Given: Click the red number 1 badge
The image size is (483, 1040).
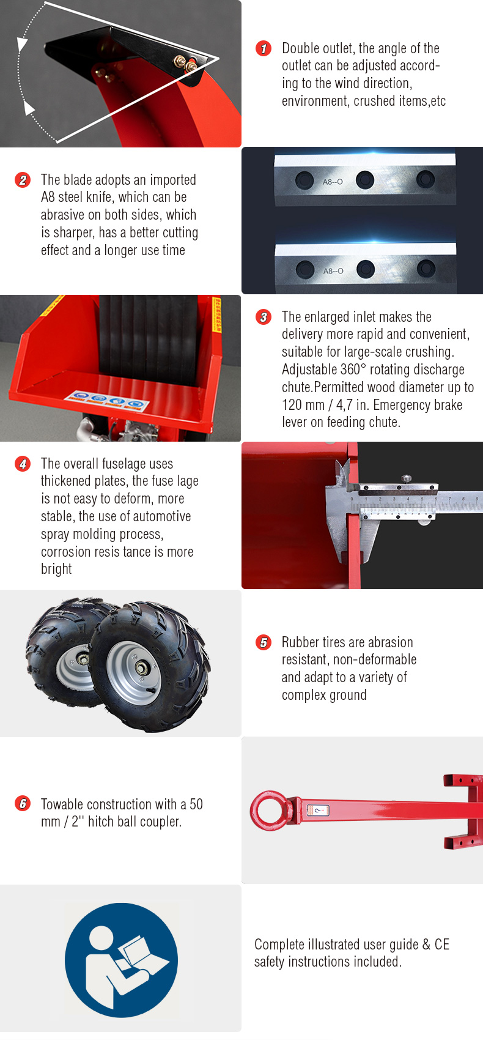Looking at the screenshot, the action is tap(264, 48).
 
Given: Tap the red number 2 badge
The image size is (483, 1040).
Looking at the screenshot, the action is tap(22, 180).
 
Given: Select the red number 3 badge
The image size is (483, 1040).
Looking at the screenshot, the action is tap(264, 317).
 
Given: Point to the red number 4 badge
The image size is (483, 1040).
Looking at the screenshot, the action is tap(22, 464).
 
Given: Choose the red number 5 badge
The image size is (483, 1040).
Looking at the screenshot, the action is tap(264, 642).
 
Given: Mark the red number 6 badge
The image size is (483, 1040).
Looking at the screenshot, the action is tap(22, 803).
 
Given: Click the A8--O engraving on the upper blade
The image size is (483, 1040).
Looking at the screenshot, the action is tap(333, 182).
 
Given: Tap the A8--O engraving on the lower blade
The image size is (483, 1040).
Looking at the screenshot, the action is tap(333, 270).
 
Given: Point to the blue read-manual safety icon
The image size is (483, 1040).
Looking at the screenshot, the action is tap(121, 960).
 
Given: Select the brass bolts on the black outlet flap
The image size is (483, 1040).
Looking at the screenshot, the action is tap(185, 64).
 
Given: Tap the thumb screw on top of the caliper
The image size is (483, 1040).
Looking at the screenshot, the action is tap(407, 478).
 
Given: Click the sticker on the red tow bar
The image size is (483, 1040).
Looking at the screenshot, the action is tap(318, 810).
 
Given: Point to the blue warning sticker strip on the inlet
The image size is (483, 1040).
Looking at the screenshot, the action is tap(107, 401).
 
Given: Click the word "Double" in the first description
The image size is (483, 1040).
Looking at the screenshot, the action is tap(301, 48).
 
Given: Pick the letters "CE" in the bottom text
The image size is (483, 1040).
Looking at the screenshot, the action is tap(441, 945).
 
